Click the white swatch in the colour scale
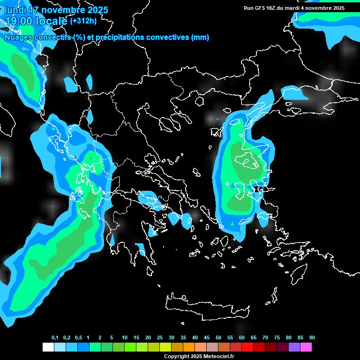pos(48,347)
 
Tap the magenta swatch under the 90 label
pos(306,347)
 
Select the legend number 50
pos(218,338)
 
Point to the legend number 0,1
pos(55,338)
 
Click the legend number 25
pos(160,338)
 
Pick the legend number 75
pos(277,338)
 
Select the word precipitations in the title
pos(120,37)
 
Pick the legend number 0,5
pos(78,338)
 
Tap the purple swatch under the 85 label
pos(294,347)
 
